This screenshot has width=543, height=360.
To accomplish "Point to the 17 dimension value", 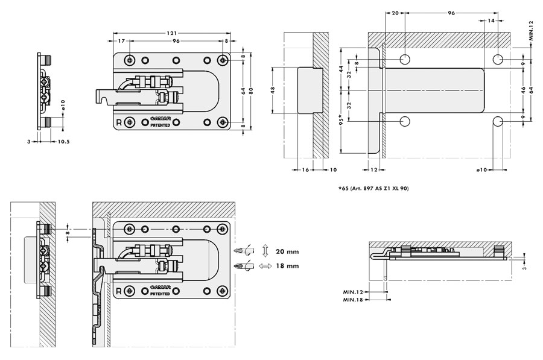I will (x=122, y=42).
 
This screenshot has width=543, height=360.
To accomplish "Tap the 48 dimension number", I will (x=273, y=89).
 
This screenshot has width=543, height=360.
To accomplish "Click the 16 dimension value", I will (x=305, y=169).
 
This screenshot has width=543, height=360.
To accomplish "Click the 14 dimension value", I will (x=491, y=21).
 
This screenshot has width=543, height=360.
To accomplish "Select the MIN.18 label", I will (x=354, y=300).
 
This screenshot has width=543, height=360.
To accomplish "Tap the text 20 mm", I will (x=285, y=251).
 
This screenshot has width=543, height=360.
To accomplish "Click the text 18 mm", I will (x=285, y=265).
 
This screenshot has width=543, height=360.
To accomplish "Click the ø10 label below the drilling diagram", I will (x=481, y=170).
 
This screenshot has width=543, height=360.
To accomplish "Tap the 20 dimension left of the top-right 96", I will (x=395, y=12).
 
